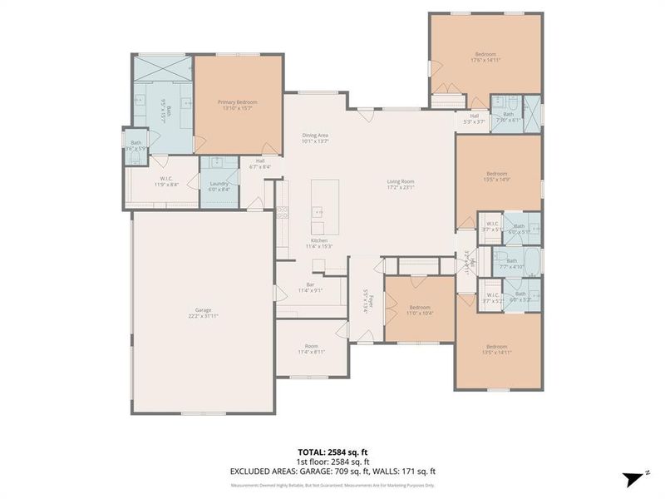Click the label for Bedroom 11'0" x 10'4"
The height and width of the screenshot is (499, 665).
(x=420, y=310)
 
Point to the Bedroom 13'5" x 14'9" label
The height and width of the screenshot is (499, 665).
(x=496, y=176)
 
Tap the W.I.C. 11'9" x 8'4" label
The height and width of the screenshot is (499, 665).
(x=165, y=181)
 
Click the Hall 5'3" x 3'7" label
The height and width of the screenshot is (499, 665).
(x=474, y=119)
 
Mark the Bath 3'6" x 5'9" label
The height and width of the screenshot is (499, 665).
(x=135, y=146)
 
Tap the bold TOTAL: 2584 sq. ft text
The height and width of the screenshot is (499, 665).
(x=332, y=452)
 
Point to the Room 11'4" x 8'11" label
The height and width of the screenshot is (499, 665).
(x=312, y=349)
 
